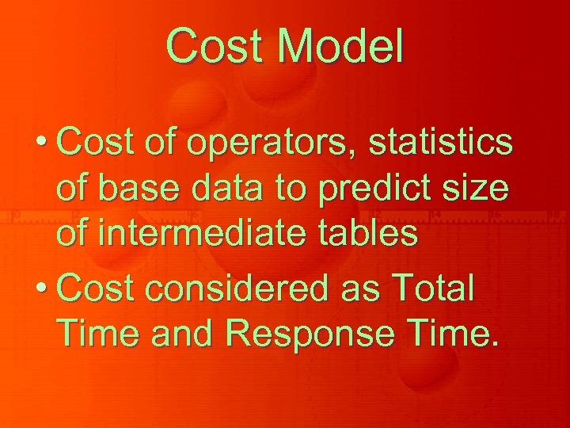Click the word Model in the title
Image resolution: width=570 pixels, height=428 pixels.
342,46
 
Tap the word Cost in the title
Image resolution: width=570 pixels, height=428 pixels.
216,46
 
